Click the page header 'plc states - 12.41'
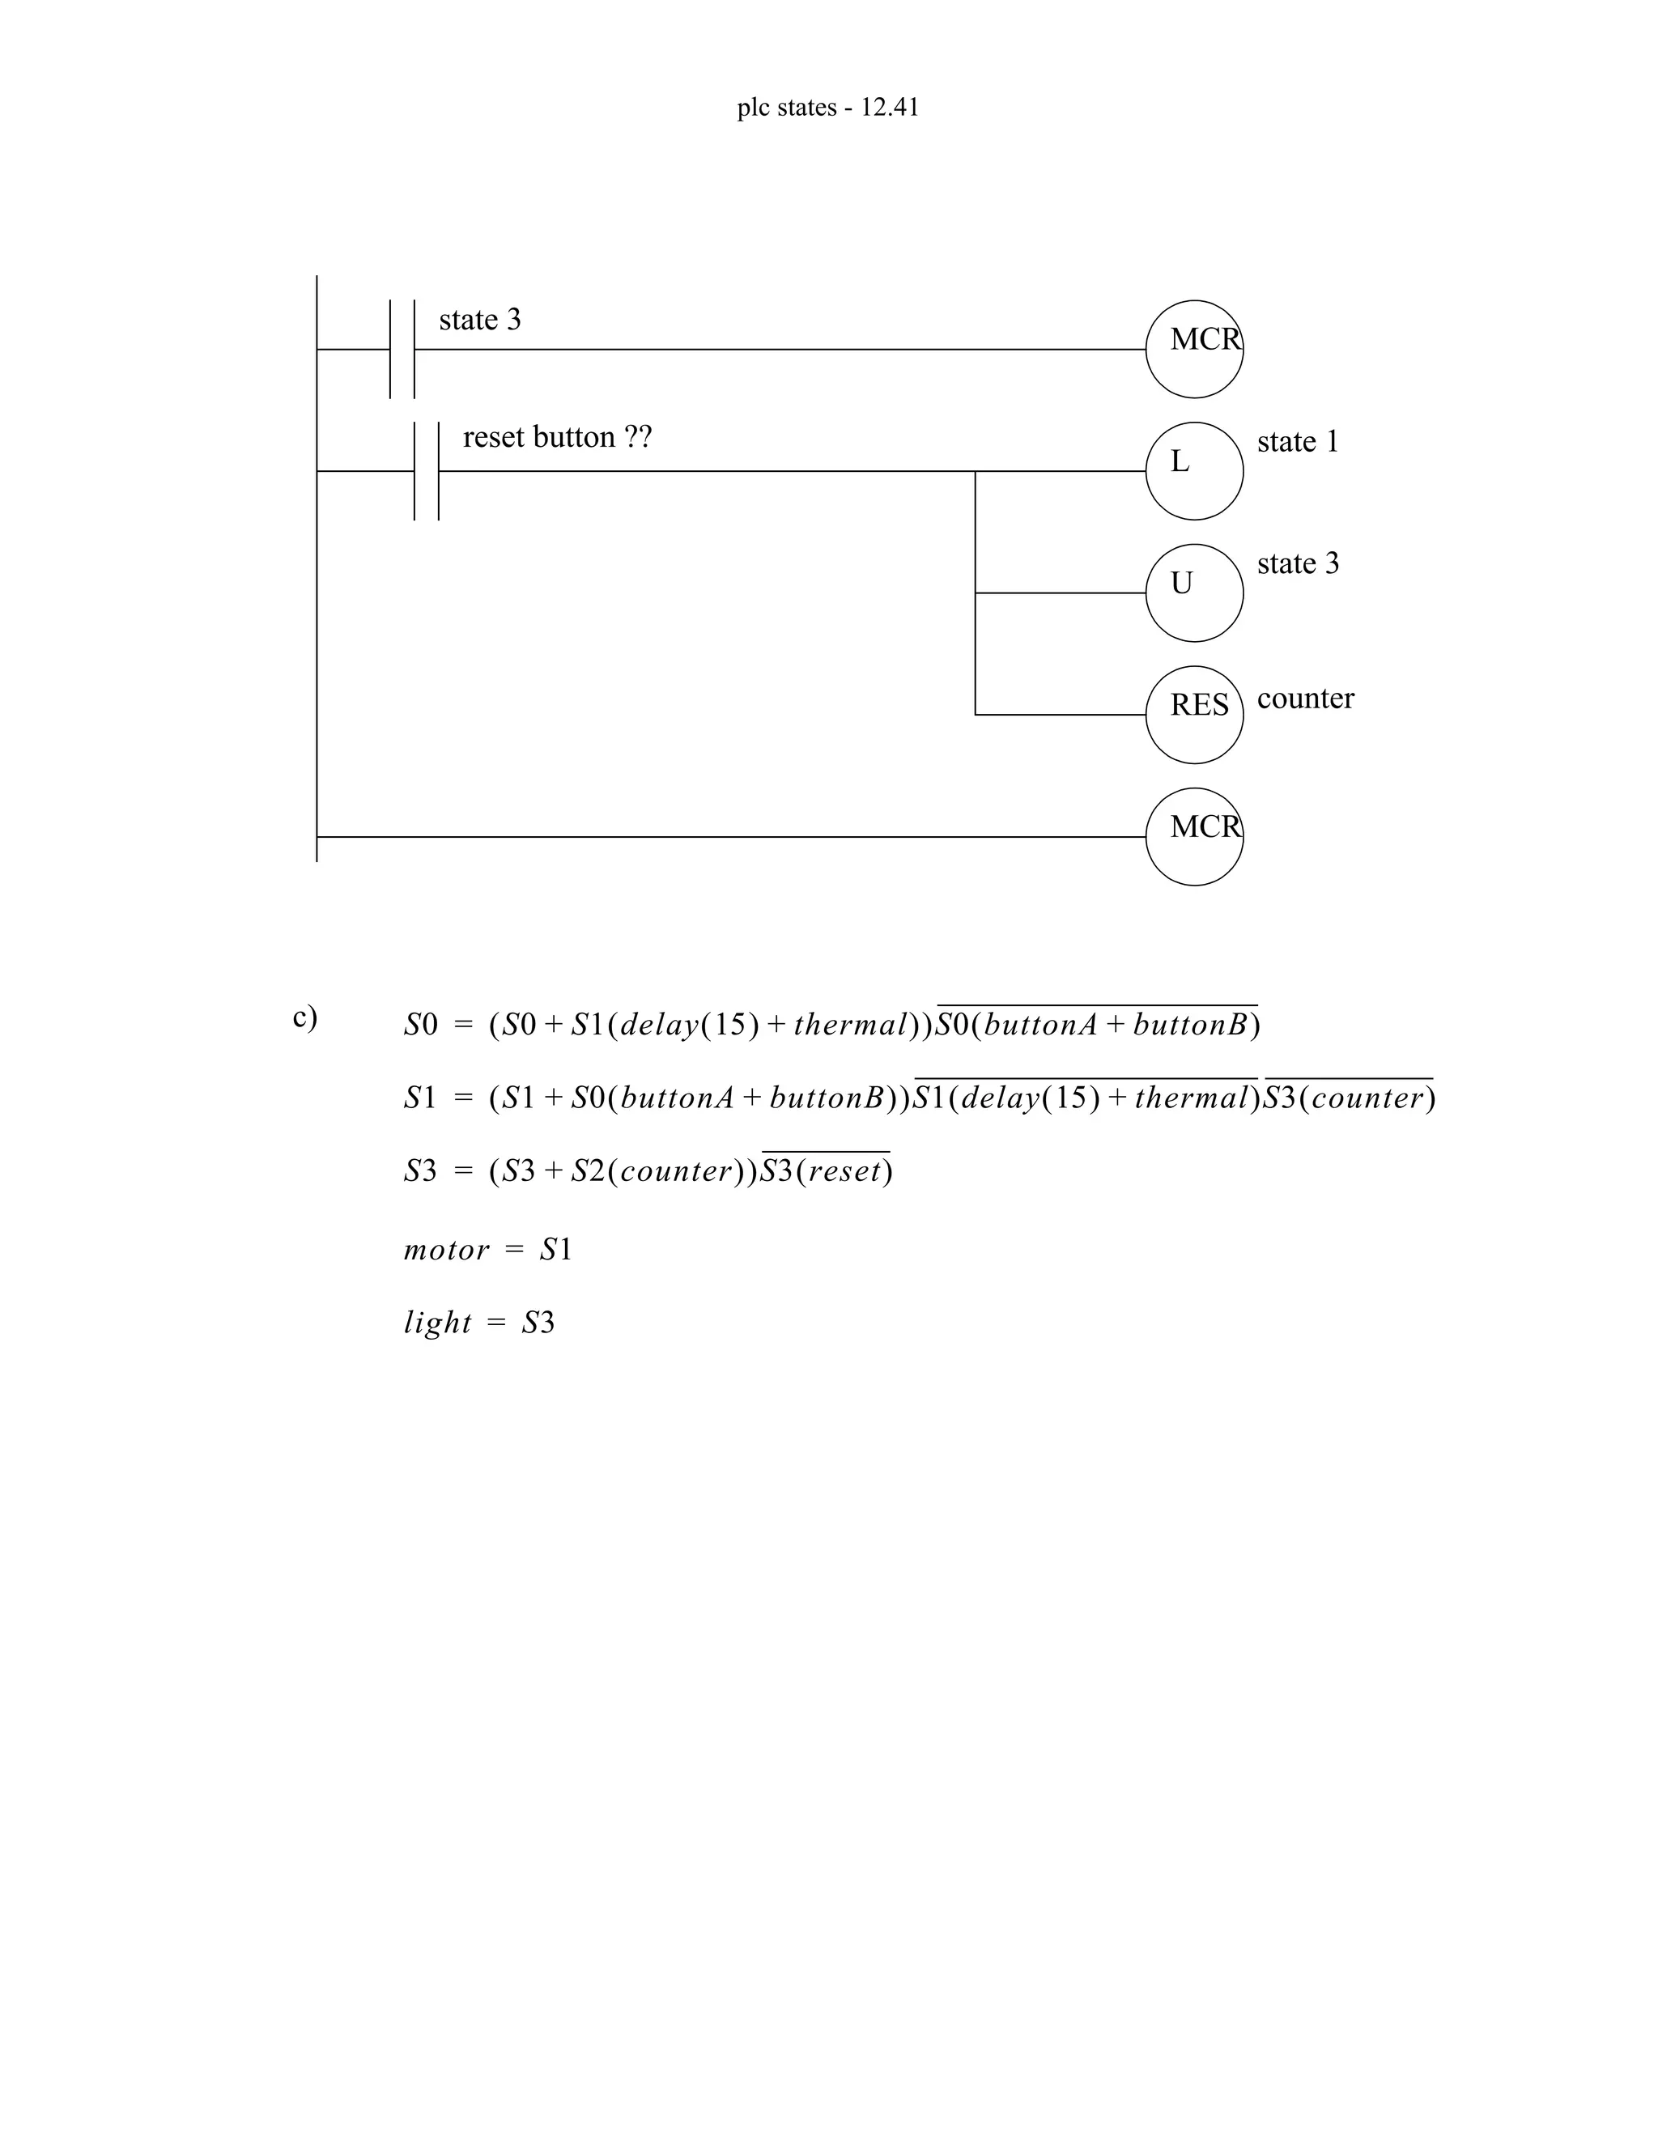tap(828, 107)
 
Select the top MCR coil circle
tap(1193, 349)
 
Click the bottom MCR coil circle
tap(1193, 837)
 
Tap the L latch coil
tap(1193, 470)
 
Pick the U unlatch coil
tap(1193, 593)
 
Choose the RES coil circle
tap(1193, 714)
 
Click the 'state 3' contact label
tap(479, 321)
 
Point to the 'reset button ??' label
tap(557, 437)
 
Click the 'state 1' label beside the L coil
tap(1298, 442)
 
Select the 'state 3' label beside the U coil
tap(1298, 563)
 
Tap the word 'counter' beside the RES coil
tap(1305, 699)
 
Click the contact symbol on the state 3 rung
tap(402, 349)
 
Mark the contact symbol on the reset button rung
tap(427, 470)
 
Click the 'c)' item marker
tap(304, 1017)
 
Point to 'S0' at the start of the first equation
tap(420, 1026)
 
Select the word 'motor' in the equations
tap(446, 1251)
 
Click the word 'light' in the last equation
tap(437, 1323)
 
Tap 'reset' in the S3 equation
tap(844, 1172)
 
